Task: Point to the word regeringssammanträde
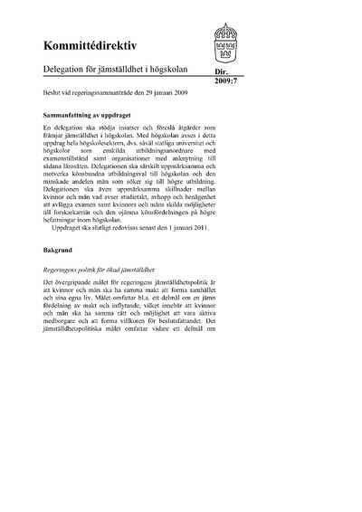click(113, 93)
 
